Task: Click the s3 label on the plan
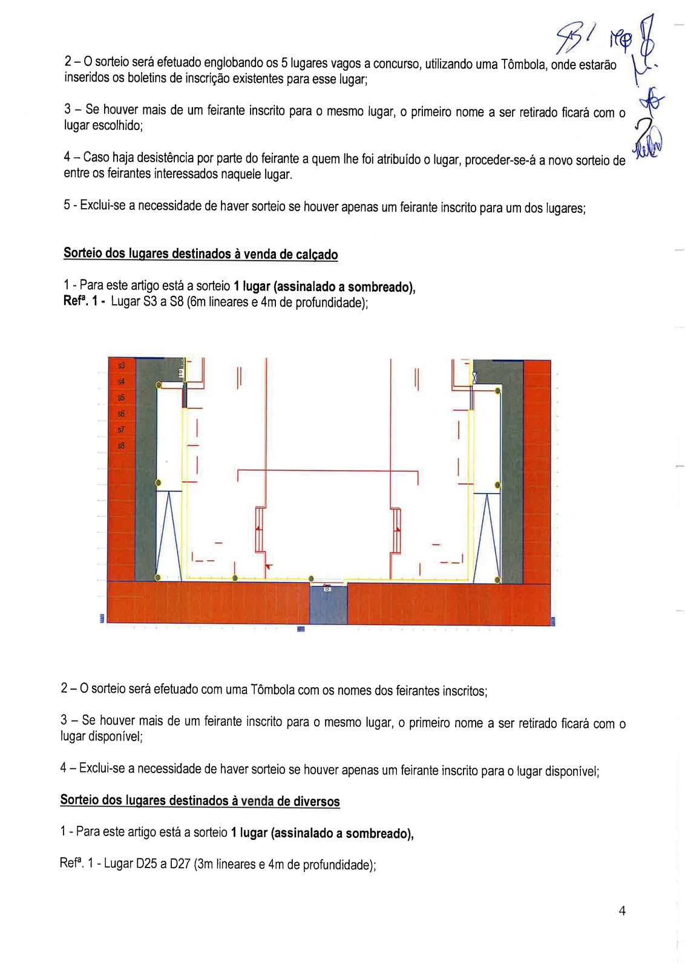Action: click(122, 365)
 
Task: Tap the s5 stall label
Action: click(122, 398)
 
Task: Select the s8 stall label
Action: click(122, 446)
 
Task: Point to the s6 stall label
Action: click(122, 414)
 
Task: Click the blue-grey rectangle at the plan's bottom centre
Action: click(329, 604)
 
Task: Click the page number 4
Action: click(622, 911)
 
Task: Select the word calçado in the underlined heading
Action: click(316, 255)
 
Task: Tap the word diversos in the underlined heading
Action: click(316, 802)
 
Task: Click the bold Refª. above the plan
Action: click(76, 301)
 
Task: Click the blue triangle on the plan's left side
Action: click(169, 535)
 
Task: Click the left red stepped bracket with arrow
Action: click(261, 529)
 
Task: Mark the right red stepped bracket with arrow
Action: click(396, 529)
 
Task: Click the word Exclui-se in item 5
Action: click(103, 206)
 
